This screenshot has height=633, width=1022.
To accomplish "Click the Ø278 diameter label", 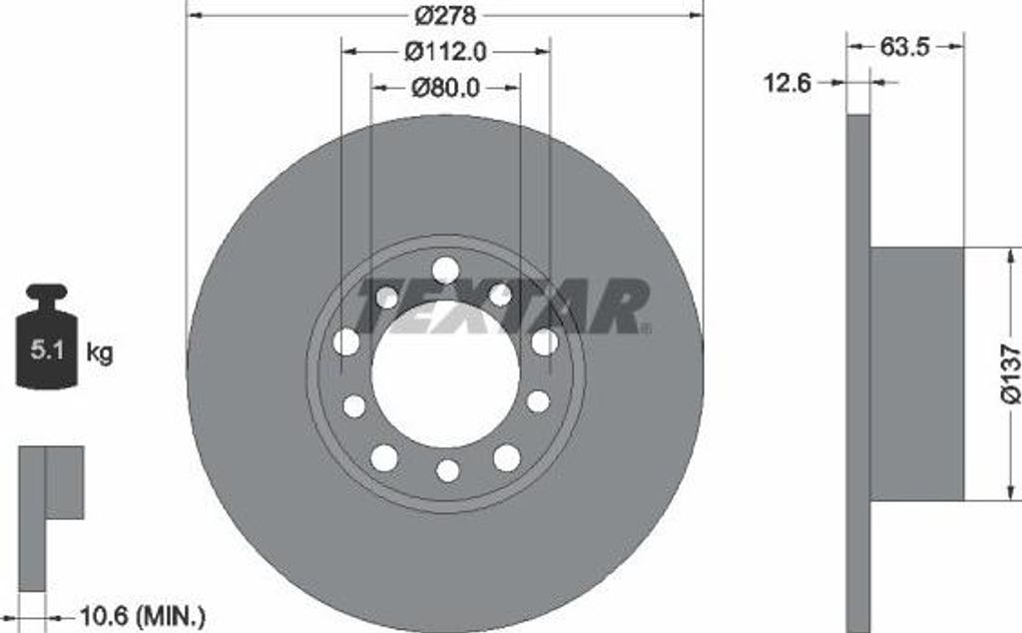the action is pos(446,15).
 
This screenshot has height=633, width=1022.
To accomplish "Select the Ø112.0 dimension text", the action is pos(446,52).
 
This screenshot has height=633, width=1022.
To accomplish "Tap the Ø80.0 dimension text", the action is pos(446,87).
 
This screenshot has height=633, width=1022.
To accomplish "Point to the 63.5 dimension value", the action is pos(904,47).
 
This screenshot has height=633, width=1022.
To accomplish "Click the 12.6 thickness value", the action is pos(786,83).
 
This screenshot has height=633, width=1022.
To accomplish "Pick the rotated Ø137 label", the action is pos(1010,374).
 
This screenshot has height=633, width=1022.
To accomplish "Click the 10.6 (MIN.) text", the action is pos(142,615).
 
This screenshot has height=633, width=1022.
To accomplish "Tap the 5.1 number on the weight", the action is pos(47,350).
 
